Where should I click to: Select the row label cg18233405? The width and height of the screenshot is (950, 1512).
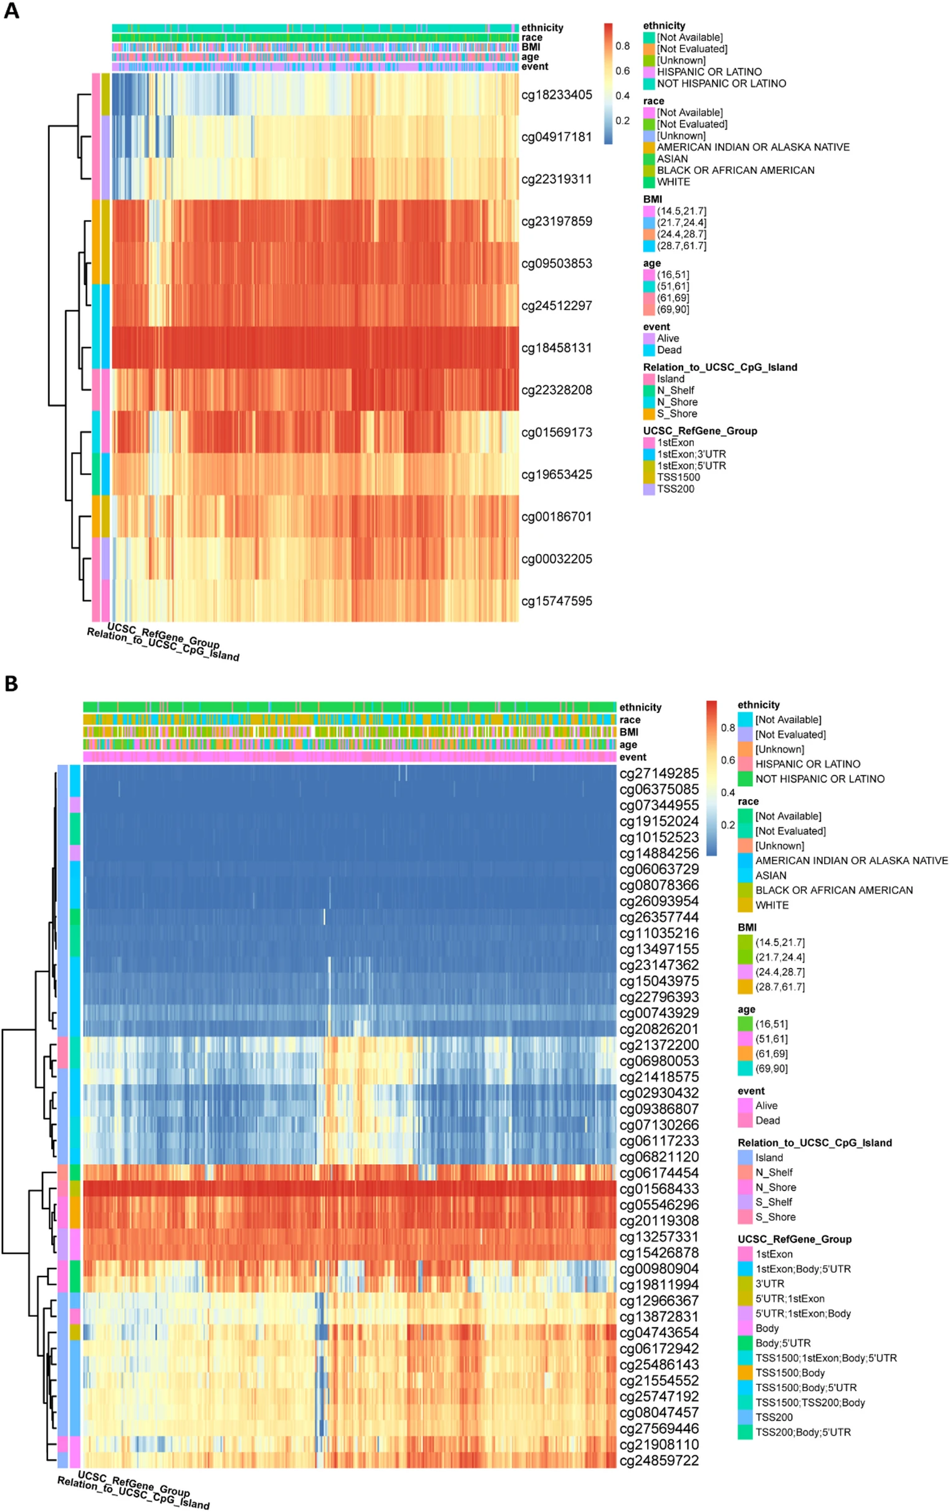[556, 95]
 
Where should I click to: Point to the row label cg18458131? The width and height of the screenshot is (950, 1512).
[556, 348]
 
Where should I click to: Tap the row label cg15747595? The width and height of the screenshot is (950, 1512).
[556, 601]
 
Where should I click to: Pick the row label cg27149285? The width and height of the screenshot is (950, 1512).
[659, 773]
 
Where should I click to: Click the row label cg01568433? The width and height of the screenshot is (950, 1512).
[659, 1189]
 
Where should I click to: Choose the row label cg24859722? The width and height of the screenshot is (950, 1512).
[659, 1460]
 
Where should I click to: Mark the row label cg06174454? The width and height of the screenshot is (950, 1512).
[659, 1173]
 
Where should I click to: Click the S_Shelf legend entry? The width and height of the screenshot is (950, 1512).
[774, 1202]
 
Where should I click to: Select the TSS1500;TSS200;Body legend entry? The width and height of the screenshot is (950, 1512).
[810, 1402]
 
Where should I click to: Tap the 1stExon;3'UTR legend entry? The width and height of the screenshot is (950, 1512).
[691, 454]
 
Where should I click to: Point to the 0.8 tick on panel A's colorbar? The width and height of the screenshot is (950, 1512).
[622, 46]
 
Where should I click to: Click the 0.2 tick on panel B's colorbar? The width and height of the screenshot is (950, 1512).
[727, 825]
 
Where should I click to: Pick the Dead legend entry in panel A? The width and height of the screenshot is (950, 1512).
[669, 350]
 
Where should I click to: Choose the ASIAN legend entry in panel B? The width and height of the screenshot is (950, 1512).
[770, 875]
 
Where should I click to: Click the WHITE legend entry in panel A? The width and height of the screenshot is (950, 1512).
[673, 181]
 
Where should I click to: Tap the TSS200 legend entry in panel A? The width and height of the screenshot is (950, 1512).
[676, 489]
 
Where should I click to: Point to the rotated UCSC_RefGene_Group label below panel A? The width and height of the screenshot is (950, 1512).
[164, 636]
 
